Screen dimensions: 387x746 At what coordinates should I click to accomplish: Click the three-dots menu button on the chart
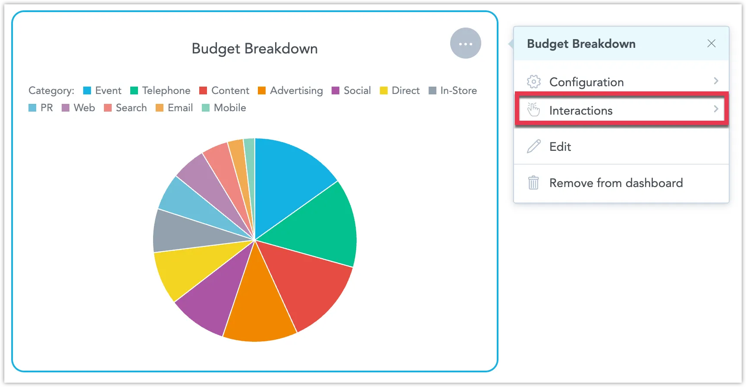465,44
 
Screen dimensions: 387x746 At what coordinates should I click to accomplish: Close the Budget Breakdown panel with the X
711,44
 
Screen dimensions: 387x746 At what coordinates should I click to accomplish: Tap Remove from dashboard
616,183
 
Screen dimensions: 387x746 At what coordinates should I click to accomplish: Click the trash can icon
533,183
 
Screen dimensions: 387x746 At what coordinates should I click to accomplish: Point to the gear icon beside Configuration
533,81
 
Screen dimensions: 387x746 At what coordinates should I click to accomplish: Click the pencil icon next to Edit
533,147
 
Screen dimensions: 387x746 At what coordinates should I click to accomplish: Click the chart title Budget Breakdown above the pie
254,49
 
